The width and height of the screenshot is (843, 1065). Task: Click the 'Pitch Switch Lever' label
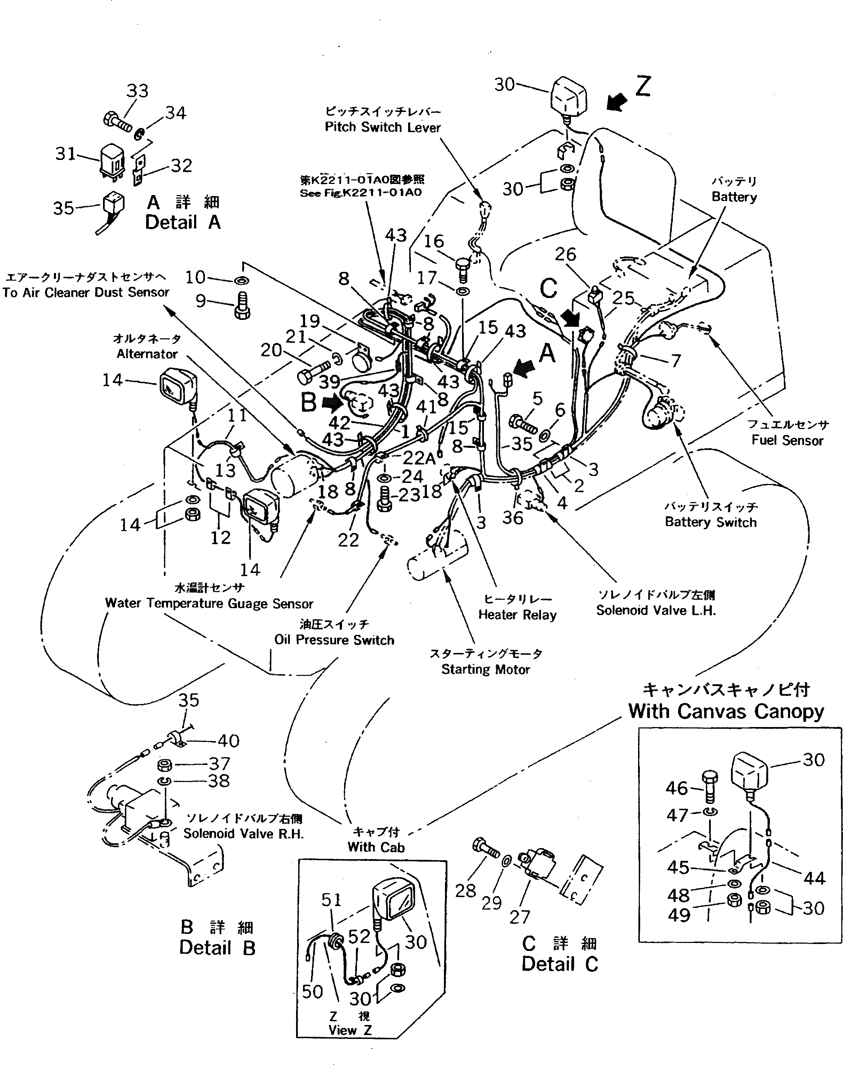382,127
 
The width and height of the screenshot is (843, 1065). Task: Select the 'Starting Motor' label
485,669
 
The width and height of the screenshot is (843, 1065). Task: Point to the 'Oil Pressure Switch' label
334,640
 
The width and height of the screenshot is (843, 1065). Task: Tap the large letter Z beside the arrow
643,86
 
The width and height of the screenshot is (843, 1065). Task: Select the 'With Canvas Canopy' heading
726,711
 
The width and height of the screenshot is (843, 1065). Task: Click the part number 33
137,91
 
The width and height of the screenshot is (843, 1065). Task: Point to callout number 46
676,788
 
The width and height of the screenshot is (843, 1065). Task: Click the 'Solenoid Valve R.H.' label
243,834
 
